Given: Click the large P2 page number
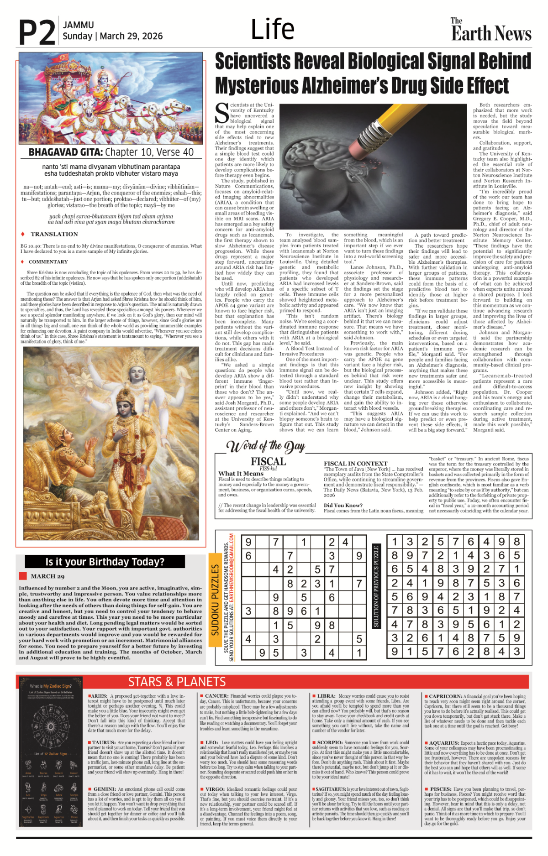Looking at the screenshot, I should (37, 33).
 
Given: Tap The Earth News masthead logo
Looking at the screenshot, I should (491, 30).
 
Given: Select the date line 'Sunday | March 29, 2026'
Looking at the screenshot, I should (112, 36).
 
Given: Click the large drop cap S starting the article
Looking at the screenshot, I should (222, 113).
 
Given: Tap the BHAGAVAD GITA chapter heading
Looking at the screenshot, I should (111, 152).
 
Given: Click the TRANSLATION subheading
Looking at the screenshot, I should (54, 234).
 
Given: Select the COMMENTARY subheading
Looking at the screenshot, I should (48, 262).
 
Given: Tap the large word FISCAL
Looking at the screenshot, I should (268, 461).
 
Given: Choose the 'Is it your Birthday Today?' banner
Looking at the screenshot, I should (105, 562).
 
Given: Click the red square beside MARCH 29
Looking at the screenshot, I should (23, 576).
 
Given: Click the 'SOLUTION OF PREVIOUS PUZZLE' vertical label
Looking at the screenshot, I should (376, 586).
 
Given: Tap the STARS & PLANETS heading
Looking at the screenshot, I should (177, 682).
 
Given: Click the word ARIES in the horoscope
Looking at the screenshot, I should (100, 696).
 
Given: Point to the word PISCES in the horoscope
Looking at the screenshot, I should (440, 789).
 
